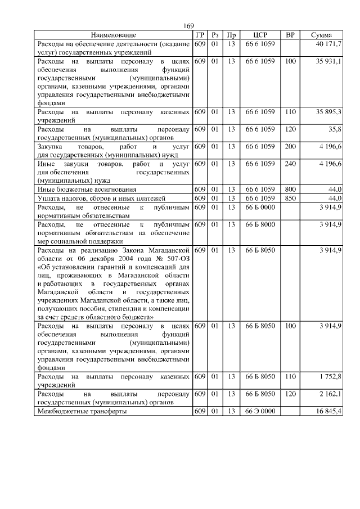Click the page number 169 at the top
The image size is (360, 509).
[188, 26]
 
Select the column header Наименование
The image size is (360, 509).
[114, 35]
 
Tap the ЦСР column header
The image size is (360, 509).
[260, 35]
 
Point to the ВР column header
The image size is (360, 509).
[290, 35]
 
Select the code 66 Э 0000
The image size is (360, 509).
[260, 411]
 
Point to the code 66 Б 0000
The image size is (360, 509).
[260, 208]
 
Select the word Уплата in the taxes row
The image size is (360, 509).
[49, 199]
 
